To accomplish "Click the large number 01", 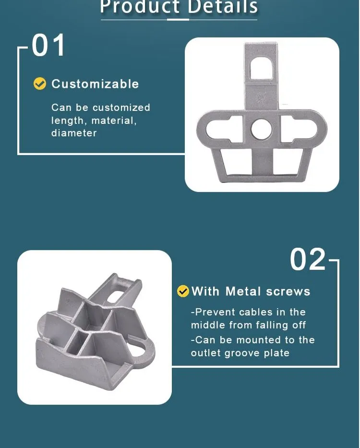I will click(48, 46).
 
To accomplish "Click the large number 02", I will click(308, 260).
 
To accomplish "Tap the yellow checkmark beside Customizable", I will click(39, 84).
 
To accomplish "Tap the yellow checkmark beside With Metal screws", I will click(183, 291).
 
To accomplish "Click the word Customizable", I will click(95, 84).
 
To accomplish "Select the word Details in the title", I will click(223, 7).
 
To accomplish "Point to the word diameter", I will click(74, 133).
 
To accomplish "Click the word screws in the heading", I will click(288, 291).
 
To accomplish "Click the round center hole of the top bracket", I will click(261, 129).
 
